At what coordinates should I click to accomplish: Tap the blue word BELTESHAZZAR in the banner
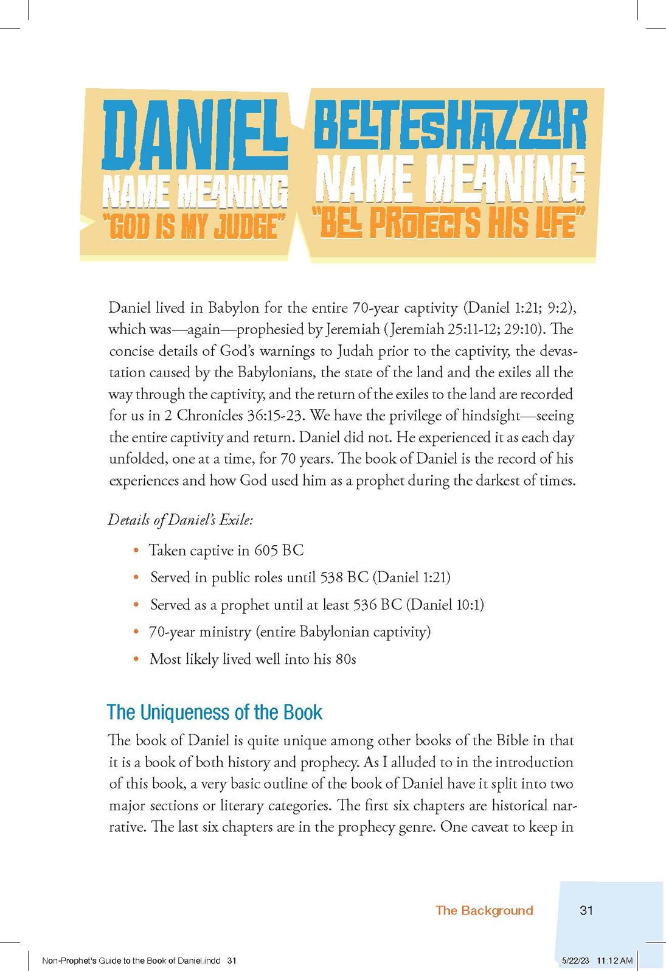click(x=450, y=128)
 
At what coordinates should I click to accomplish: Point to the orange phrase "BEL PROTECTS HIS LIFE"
click(x=448, y=224)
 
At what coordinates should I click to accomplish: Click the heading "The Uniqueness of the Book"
click(x=214, y=712)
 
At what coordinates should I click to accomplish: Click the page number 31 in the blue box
click(x=586, y=910)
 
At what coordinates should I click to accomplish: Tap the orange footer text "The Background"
click(x=484, y=910)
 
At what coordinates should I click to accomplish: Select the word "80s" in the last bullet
click(x=345, y=659)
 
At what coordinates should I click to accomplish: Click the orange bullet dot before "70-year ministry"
click(x=136, y=633)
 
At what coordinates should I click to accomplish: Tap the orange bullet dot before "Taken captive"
click(x=136, y=551)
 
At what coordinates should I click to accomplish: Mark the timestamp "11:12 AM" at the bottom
click(x=616, y=961)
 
